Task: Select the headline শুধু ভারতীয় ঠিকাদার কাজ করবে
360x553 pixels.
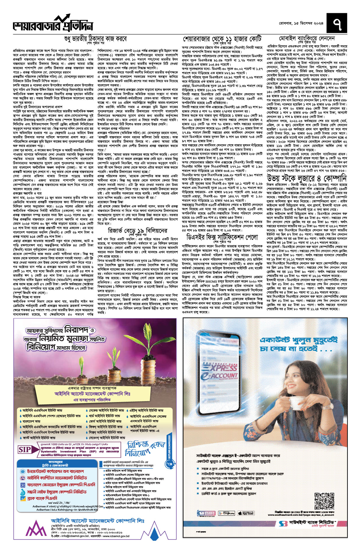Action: pyautogui.click(x=95, y=39)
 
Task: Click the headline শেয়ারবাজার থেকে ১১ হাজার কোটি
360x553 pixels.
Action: pyautogui.click(x=222, y=39)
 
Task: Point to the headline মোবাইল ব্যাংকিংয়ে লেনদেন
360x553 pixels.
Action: pyautogui.click(x=307, y=39)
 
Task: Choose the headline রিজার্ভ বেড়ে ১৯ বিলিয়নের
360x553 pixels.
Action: pyautogui.click(x=137, y=230)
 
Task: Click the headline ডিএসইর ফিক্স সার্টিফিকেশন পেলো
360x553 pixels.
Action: pyautogui.click(x=222, y=237)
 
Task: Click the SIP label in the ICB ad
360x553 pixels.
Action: pyautogui.click(x=25, y=449)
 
